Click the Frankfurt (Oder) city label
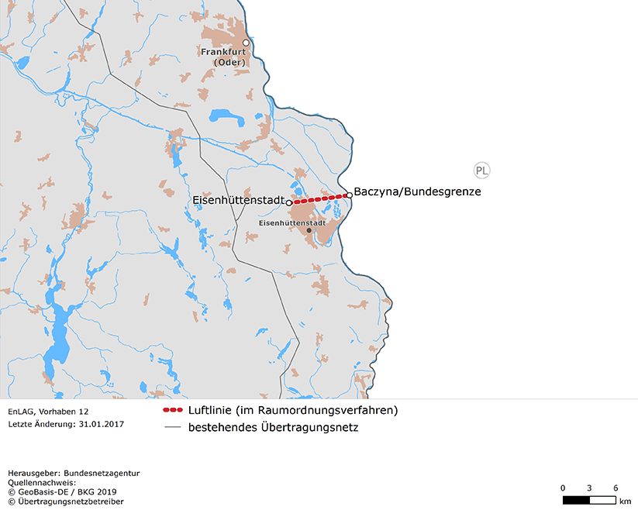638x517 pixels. (x=222, y=57)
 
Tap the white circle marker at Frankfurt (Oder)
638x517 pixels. (x=246, y=43)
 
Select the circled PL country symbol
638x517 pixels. (x=482, y=171)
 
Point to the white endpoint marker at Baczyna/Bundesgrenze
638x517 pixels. (x=350, y=195)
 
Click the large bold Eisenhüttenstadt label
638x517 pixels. (x=239, y=202)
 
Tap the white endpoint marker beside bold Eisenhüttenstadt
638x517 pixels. (x=289, y=202)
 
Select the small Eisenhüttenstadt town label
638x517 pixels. (x=291, y=222)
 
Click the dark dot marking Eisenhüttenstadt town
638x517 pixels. (x=309, y=230)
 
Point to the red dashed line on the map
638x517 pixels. (x=319, y=198)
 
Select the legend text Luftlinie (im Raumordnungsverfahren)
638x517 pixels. (x=293, y=410)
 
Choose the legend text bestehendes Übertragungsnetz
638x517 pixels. (x=273, y=427)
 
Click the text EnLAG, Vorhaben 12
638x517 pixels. (x=48, y=412)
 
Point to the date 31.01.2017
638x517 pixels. (x=102, y=424)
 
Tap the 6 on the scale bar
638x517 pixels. (x=616, y=488)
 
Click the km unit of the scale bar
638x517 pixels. (x=625, y=501)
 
